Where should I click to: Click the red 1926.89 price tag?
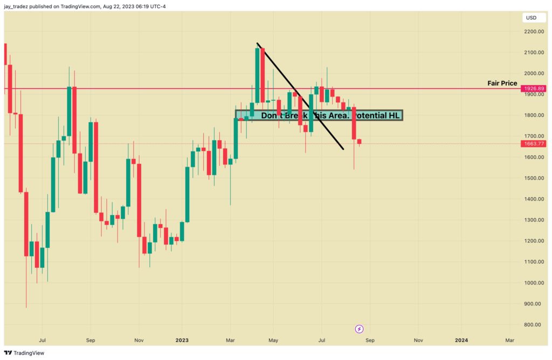tap(533, 88)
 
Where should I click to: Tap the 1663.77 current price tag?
tap(533, 143)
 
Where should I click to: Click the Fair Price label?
tap(502, 84)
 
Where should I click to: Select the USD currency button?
tap(531, 18)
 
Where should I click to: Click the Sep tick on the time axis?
tap(91, 341)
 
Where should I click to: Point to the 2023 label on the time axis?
tap(182, 341)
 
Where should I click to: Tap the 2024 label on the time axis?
tap(461, 341)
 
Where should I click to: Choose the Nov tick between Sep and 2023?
tap(139, 341)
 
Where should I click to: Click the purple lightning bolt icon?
tap(359, 328)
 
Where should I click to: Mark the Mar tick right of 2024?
tap(509, 341)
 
